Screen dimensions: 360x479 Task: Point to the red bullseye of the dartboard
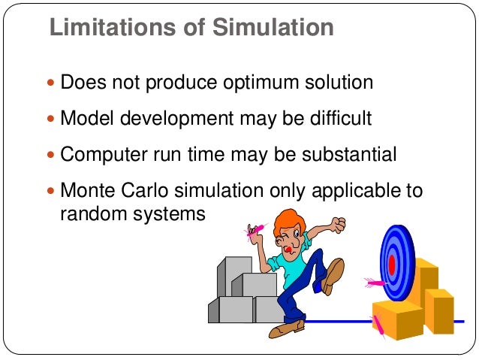tap(391, 264)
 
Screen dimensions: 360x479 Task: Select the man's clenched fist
tap(339, 224)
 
